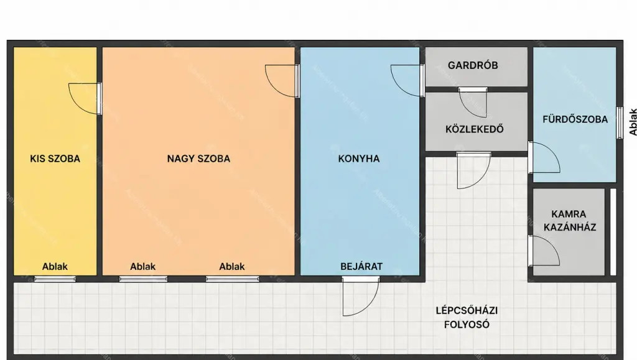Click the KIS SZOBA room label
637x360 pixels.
point(55,159)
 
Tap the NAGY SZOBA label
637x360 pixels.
point(198,159)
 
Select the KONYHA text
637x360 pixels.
point(359,159)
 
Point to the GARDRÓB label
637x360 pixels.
point(473,65)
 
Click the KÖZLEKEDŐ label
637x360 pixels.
point(475,129)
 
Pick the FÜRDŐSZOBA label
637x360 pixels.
point(575,119)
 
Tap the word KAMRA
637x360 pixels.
point(569,214)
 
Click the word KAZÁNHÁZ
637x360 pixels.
point(570,228)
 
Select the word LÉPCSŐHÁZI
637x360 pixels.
point(467,310)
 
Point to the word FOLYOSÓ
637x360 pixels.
point(467,325)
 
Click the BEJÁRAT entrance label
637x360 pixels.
point(361,267)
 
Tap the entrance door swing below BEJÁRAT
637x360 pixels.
point(361,297)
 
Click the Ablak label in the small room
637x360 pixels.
point(55,267)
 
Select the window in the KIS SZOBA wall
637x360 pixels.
point(55,279)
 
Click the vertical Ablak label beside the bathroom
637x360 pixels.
point(633,122)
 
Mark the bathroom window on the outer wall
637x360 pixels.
point(620,122)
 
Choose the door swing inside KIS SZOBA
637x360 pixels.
point(85,99)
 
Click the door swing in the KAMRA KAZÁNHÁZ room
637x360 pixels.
point(544,251)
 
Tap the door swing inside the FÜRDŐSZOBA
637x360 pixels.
point(544,157)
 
